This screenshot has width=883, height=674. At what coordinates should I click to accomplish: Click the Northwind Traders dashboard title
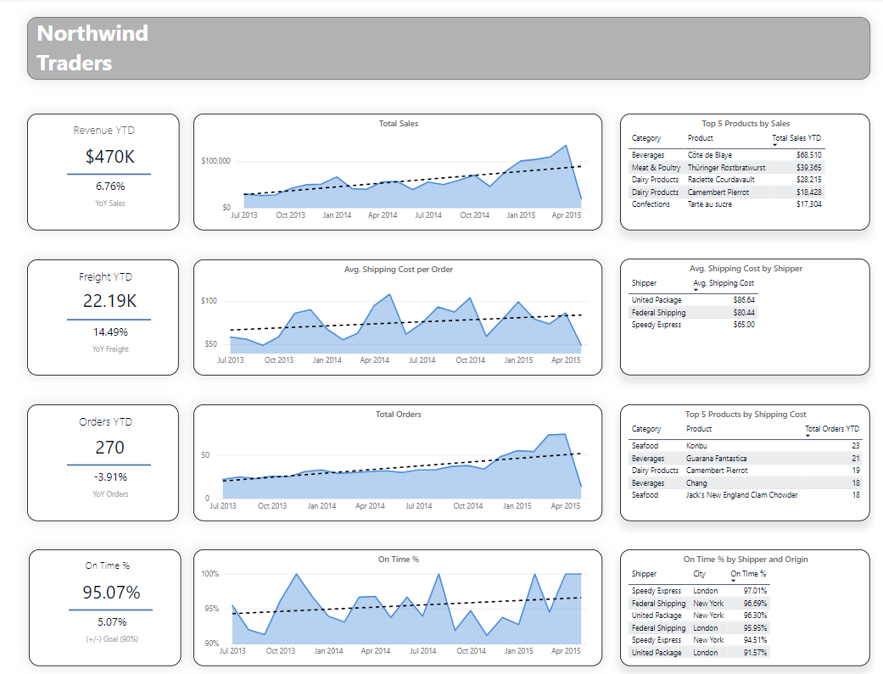[92, 48]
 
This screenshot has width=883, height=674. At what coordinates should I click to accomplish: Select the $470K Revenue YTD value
[110, 156]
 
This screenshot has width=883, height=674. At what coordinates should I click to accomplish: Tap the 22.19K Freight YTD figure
[109, 301]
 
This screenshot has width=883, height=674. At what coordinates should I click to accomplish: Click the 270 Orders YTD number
[109, 447]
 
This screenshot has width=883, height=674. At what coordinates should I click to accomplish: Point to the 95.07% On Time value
[111, 592]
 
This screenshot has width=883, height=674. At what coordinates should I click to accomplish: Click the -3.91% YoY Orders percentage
[109, 476]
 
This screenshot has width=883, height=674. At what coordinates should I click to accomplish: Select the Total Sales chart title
[398, 124]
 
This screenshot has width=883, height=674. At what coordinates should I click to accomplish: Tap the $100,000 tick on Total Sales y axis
[215, 161]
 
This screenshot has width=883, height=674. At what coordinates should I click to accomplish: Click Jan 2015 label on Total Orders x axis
[517, 506]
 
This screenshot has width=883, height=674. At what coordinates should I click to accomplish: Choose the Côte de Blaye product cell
[707, 155]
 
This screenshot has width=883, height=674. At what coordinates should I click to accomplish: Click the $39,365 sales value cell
[808, 168]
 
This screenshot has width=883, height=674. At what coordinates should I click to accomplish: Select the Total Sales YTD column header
[796, 138]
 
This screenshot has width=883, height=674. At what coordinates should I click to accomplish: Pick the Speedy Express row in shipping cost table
[657, 325]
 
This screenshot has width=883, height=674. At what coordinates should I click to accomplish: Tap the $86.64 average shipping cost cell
[742, 300]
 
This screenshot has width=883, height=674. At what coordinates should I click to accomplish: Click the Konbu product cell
[696, 446]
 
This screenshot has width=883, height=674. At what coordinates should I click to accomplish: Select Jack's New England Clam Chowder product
[737, 494]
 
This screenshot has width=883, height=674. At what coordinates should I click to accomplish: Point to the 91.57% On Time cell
[754, 653]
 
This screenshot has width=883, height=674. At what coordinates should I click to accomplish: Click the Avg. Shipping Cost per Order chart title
[398, 270]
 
